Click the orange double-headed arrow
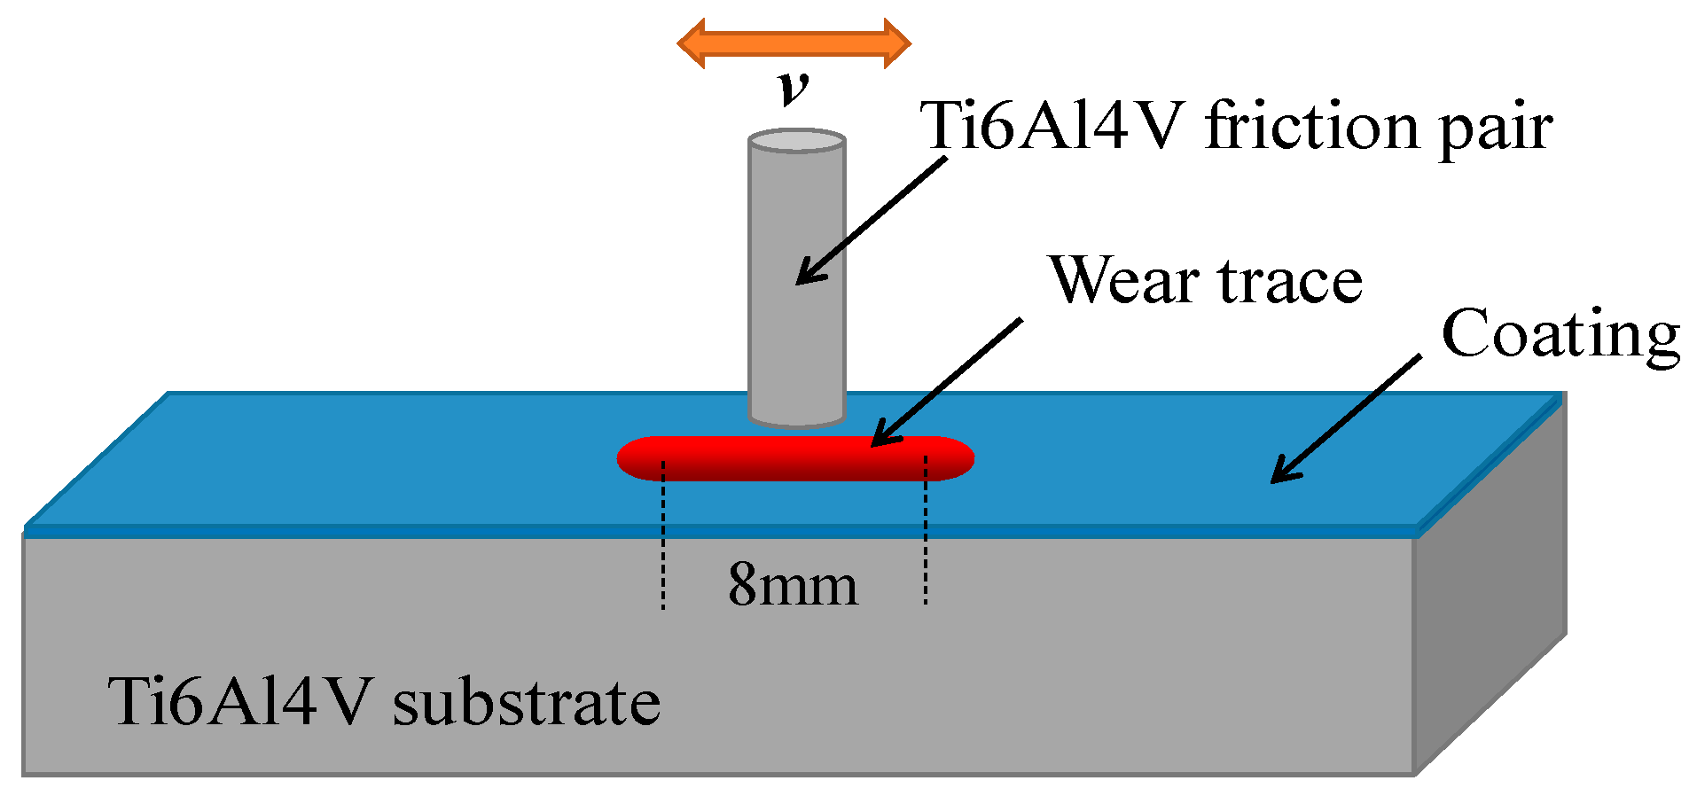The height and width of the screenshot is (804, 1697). coord(794,43)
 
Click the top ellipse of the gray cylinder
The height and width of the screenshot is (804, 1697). coord(796,141)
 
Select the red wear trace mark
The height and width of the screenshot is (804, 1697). coord(795,458)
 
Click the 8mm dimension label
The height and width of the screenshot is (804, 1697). coord(793,585)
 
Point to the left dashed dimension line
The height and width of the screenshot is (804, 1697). coord(663,541)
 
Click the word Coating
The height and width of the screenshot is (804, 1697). coord(1560,335)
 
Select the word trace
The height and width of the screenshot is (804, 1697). coord(1291,282)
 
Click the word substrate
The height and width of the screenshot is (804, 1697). coord(527,703)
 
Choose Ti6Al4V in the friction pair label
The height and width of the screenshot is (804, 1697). coord(1052,126)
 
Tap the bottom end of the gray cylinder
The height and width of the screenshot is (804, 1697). coord(796,417)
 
